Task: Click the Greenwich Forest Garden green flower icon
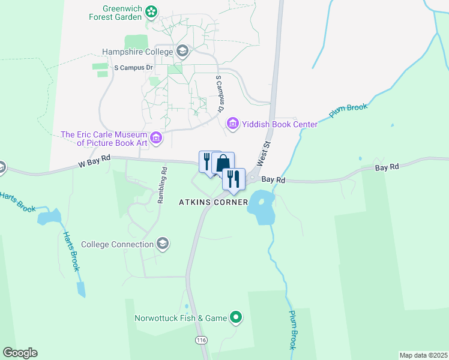click(152, 11)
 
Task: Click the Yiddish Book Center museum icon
click(232, 124)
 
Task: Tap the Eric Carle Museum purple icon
click(156, 139)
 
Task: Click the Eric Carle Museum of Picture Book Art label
click(104, 139)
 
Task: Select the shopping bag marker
click(223, 163)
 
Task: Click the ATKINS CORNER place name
click(213, 202)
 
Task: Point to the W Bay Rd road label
click(94, 160)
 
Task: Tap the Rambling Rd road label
click(161, 185)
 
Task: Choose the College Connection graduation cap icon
click(162, 244)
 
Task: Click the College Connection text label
click(117, 244)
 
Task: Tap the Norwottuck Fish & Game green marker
click(237, 317)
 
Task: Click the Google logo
click(20, 352)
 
